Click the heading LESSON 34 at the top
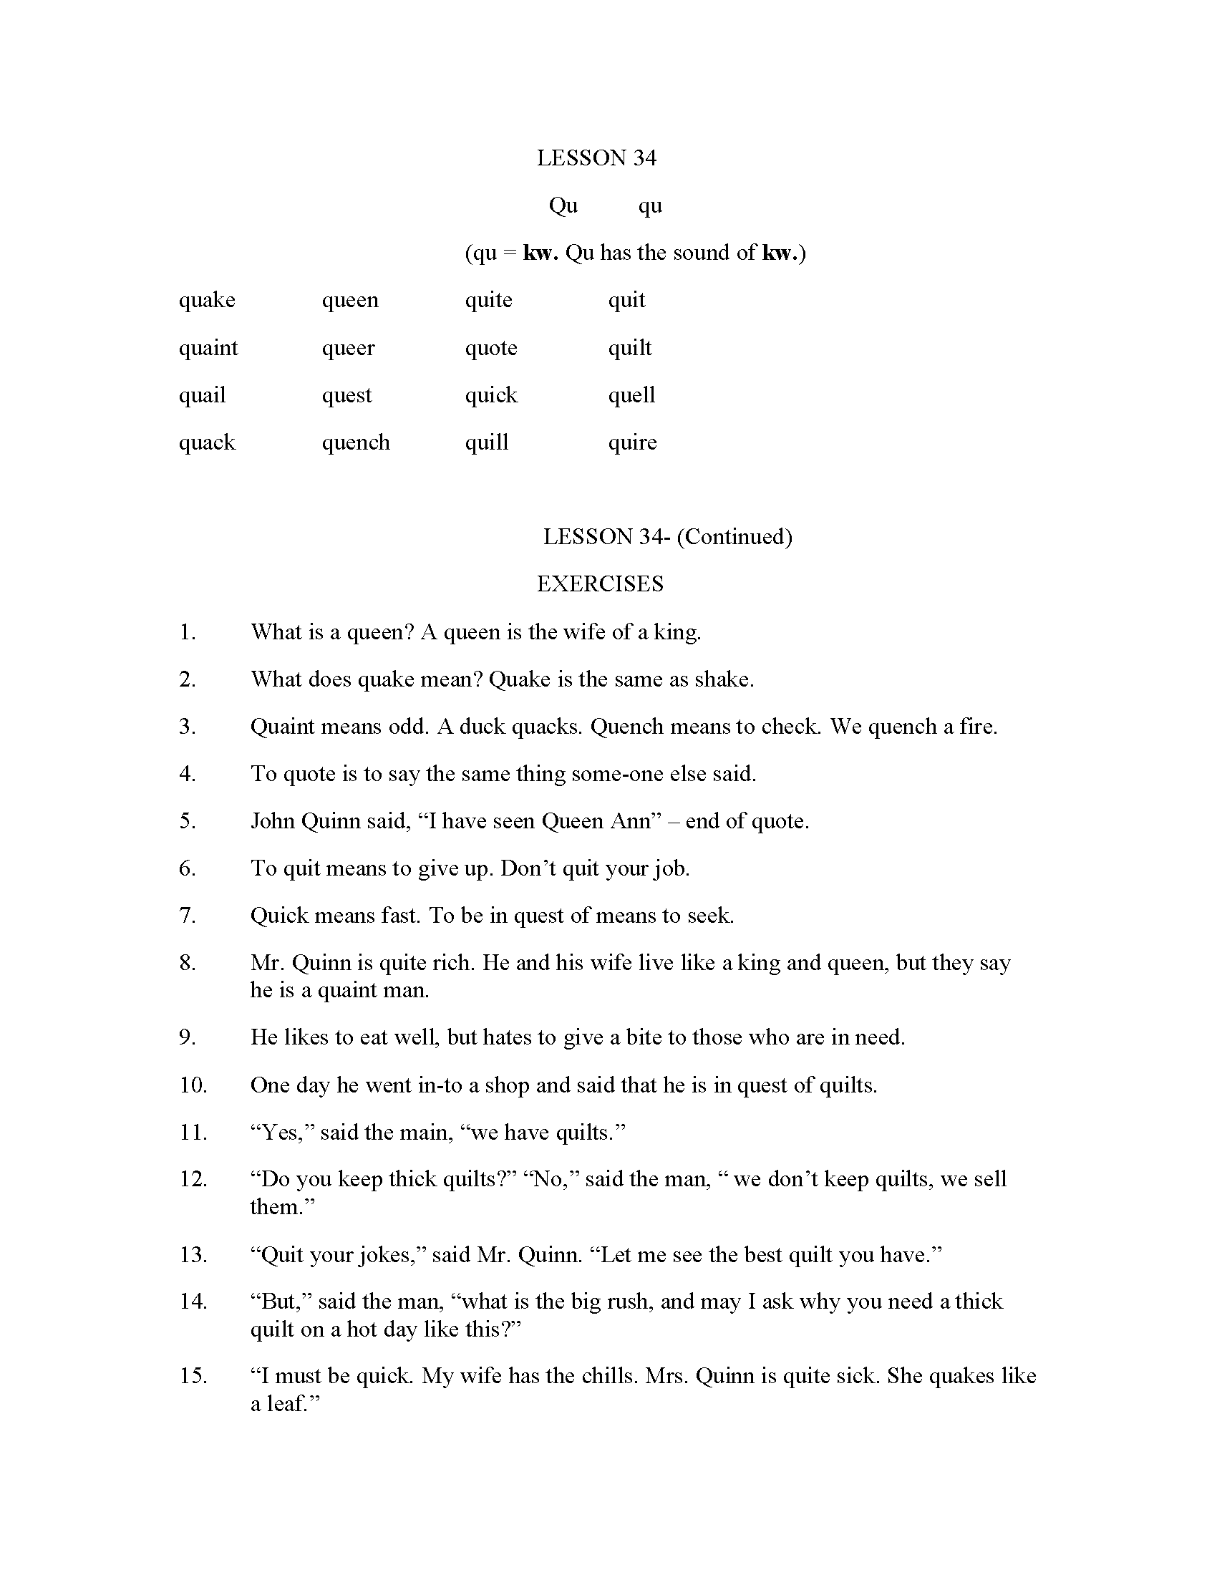pyautogui.click(x=596, y=158)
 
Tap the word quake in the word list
pyautogui.click(x=207, y=300)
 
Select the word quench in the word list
pyautogui.click(x=356, y=442)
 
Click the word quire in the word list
pyautogui.click(x=632, y=442)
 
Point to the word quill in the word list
pyautogui.click(x=487, y=442)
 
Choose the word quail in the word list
pyautogui.click(x=202, y=395)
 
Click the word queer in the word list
pyautogui.click(x=348, y=348)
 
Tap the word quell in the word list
pyautogui.click(x=631, y=395)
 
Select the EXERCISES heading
pyautogui.click(x=600, y=583)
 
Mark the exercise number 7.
pyautogui.click(x=187, y=915)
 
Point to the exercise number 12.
pyautogui.click(x=193, y=1178)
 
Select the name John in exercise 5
pyautogui.click(x=273, y=820)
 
